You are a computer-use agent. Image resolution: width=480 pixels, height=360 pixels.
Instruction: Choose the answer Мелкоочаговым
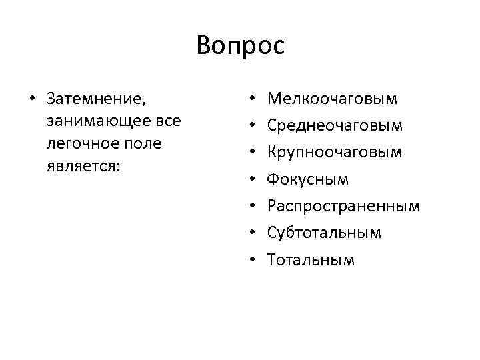tap(332, 99)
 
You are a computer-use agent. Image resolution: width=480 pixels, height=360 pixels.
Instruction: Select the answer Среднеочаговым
tap(335, 126)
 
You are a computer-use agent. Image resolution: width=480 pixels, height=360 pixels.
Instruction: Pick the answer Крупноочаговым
tap(335, 153)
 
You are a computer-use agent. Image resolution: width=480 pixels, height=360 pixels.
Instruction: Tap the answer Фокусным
tap(307, 179)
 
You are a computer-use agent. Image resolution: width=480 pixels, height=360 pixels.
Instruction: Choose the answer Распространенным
tap(343, 206)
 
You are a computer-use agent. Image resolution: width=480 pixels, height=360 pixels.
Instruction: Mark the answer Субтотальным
tap(324, 233)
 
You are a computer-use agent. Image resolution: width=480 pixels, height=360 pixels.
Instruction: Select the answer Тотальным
tap(311, 259)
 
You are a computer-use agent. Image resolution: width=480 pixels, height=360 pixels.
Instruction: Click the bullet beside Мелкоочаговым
tap(251, 100)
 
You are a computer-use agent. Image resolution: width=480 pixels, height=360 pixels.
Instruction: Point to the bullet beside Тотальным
tap(251, 260)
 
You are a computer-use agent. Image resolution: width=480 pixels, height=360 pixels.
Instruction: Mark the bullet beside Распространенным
tap(251, 207)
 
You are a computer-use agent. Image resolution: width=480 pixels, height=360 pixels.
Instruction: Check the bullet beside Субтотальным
tap(251, 233)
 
